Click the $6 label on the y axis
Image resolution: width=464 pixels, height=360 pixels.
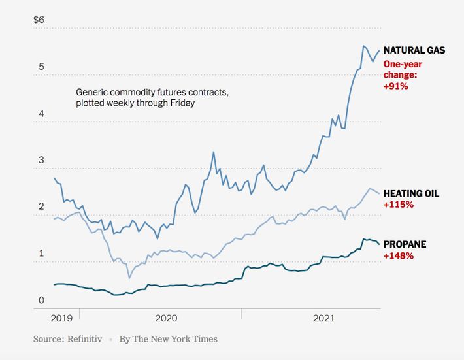tap(39, 20)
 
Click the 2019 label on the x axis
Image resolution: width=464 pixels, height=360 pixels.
tap(61, 318)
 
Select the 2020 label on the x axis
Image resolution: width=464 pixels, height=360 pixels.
tap(167, 318)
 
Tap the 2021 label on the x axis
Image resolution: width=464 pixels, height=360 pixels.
tap(323, 318)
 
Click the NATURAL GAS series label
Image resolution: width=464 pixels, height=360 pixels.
tap(414, 50)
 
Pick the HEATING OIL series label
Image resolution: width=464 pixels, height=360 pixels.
tap(411, 194)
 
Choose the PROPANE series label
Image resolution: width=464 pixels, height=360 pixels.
tap(405, 244)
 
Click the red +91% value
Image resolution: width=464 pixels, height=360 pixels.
tap(395, 86)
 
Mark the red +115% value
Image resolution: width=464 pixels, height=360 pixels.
tap(398, 205)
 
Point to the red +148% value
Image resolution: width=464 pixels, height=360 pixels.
tap(398, 255)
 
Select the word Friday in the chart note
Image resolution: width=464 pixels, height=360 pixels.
tap(181, 103)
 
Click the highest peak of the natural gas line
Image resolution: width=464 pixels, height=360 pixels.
tap(363, 46)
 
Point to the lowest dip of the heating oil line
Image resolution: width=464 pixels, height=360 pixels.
tap(129, 278)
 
